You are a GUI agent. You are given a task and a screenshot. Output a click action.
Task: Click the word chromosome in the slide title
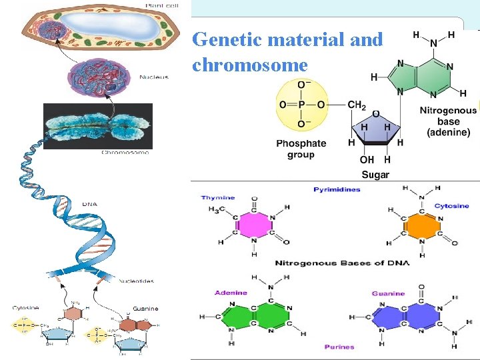point(250,65)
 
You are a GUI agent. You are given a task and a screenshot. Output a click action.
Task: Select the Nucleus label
point(154,77)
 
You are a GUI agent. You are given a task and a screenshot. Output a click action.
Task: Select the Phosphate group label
point(301,149)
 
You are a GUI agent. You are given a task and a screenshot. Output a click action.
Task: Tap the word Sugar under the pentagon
point(375,175)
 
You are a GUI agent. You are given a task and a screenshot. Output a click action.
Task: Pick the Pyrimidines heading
point(337,190)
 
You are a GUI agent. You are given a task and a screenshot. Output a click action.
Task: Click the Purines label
point(339,347)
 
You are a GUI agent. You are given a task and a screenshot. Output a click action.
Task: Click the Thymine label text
point(218,198)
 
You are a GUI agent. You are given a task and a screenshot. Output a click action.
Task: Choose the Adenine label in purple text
point(231,293)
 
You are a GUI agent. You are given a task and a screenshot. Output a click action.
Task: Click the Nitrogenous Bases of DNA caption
point(342,263)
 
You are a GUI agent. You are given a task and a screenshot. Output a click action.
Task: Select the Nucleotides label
point(137,281)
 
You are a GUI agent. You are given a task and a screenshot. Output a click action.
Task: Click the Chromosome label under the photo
point(125,153)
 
